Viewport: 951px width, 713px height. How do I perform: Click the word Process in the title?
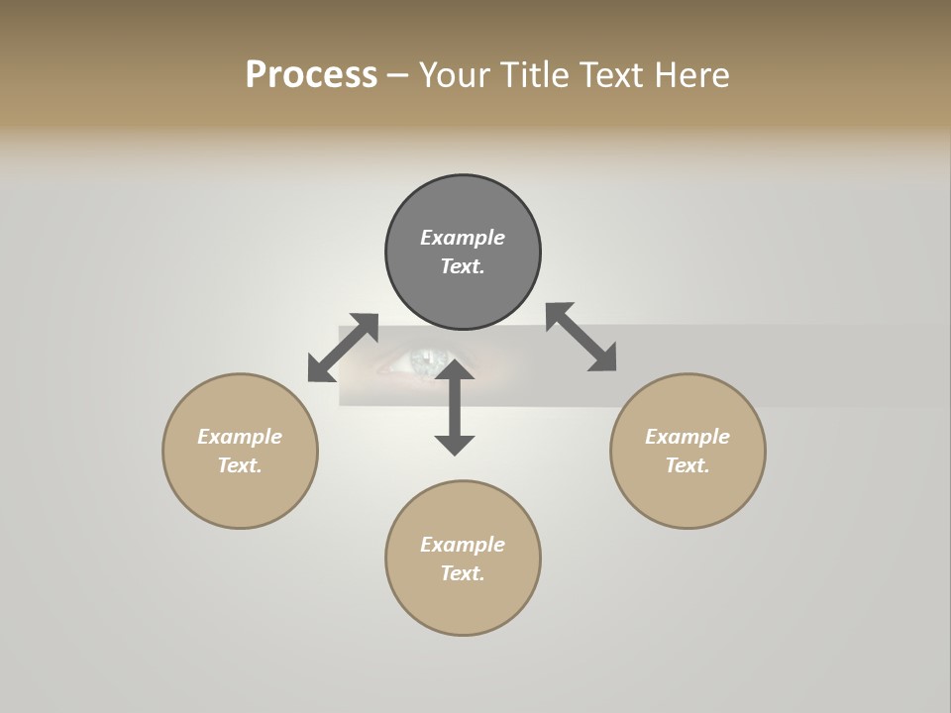(311, 75)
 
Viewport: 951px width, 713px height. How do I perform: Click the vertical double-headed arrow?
(455, 407)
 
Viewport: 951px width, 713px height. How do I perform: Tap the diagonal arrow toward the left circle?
(343, 348)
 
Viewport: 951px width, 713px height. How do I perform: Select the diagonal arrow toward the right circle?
(581, 337)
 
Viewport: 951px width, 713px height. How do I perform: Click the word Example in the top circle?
(463, 238)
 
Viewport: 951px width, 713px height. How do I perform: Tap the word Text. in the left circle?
(240, 465)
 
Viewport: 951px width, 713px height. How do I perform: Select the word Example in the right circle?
(687, 437)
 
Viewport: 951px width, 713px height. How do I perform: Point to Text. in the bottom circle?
(463, 573)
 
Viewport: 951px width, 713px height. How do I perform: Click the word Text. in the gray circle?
(463, 266)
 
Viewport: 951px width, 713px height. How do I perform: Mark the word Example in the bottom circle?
(463, 545)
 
